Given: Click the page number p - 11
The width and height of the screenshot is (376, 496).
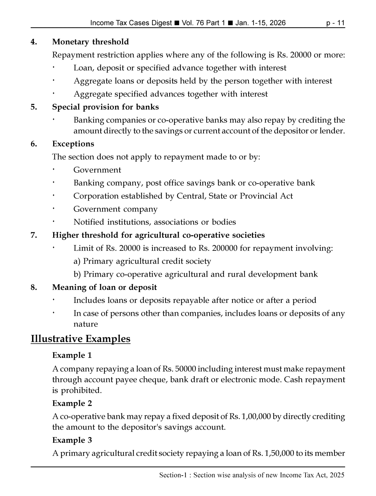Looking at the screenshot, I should click(335, 23).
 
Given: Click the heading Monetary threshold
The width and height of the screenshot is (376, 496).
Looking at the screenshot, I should click(90, 42).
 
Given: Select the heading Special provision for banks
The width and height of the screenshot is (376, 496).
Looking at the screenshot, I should click(105, 107).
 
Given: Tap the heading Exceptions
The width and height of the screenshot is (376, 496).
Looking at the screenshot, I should click(73, 144).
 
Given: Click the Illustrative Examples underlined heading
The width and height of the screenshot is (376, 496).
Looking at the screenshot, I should click(81, 339).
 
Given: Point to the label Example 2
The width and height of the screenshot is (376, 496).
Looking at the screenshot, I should click(72, 404).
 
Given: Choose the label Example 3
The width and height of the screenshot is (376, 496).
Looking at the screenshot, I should click(72, 440).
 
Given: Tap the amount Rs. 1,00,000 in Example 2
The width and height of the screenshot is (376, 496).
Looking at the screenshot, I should click(250, 416).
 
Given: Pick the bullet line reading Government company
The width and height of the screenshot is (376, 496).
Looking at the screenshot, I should click(115, 209).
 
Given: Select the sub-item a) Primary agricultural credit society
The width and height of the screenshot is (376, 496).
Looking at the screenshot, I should click(142, 261).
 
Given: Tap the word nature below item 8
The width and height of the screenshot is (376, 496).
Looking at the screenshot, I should click(85, 324).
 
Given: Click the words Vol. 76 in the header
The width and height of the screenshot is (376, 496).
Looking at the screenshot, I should click(193, 23).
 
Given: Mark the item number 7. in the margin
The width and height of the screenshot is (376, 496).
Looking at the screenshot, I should click(34, 235).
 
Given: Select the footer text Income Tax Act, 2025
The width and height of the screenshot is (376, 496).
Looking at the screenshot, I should click(312, 475).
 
